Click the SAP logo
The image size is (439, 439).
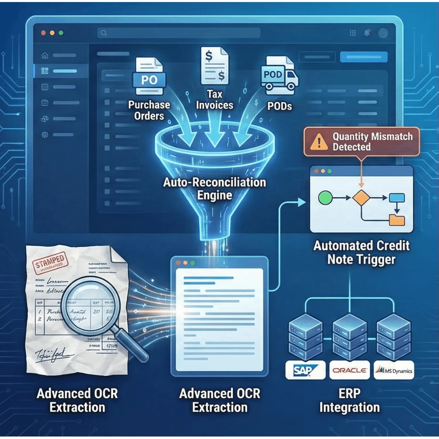(305, 371)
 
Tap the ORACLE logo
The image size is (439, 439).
(349, 371)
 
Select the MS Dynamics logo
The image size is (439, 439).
(394, 371)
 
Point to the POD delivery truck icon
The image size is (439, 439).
(280, 76)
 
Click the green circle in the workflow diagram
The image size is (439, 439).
(325, 198)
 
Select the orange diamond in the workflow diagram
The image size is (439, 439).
(361, 198)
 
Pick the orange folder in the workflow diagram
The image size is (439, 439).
(397, 220)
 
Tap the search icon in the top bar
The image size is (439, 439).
(104, 33)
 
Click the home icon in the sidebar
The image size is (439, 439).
(45, 55)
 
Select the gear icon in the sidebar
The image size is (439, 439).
(45, 135)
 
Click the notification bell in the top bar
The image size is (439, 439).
(367, 33)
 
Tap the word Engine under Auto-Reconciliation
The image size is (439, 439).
(215, 196)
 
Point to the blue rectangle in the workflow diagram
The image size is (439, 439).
(397, 198)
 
